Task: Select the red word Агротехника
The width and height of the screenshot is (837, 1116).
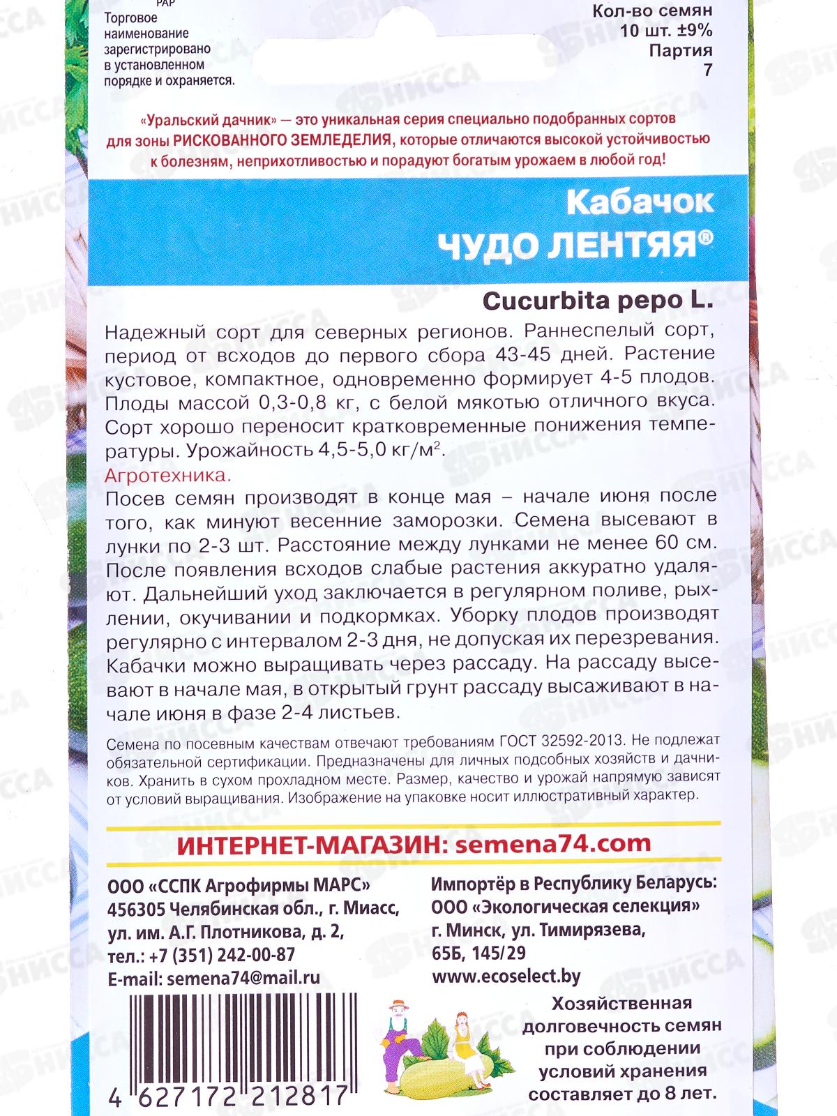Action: click(167, 476)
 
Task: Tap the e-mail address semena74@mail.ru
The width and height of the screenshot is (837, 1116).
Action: click(243, 978)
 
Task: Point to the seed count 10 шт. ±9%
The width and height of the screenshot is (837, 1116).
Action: click(666, 31)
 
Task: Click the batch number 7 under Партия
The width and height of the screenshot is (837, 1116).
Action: click(708, 70)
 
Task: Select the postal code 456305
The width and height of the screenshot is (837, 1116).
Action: click(136, 910)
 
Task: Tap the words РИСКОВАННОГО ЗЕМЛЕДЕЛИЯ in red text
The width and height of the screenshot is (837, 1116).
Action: click(282, 139)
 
